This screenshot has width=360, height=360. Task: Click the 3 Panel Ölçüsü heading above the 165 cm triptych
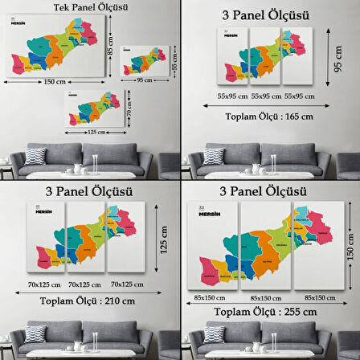pos(270,15)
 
